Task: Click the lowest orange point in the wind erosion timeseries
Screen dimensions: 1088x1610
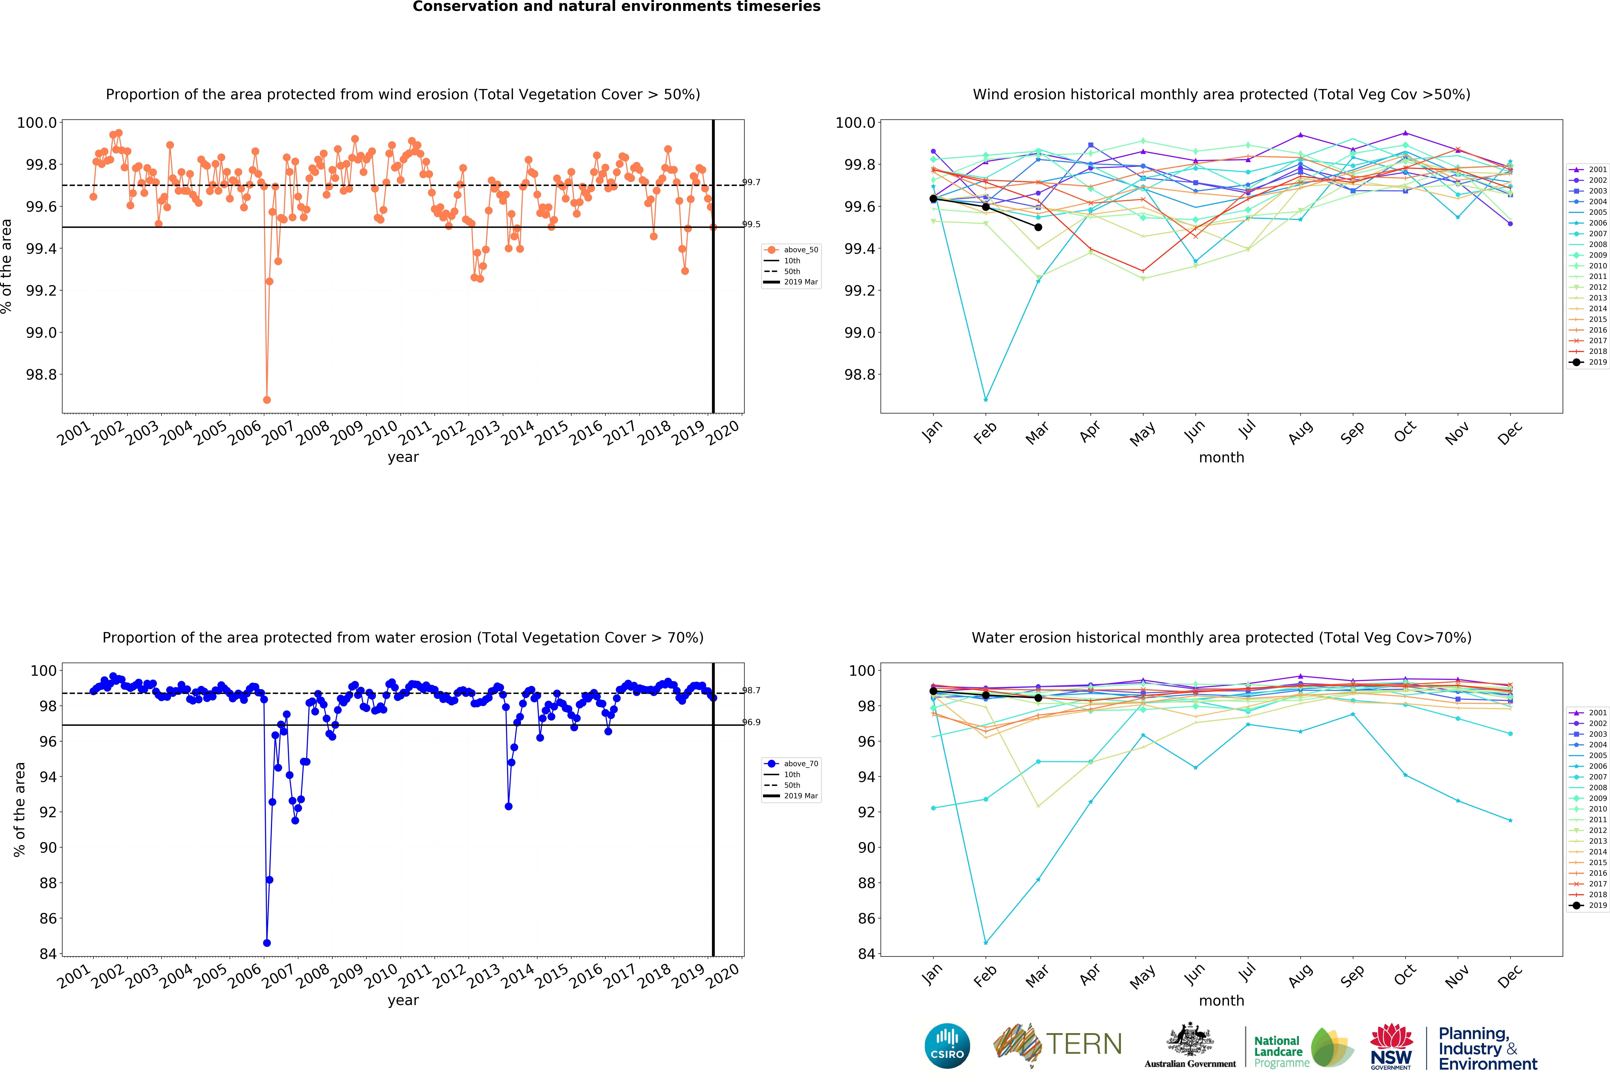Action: tap(267, 400)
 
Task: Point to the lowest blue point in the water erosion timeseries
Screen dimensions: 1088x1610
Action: tap(267, 943)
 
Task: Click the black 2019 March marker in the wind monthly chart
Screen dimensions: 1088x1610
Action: tap(1038, 227)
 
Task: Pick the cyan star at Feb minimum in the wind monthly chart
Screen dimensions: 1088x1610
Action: tap(986, 400)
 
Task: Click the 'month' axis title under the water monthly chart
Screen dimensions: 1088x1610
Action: tap(1221, 1001)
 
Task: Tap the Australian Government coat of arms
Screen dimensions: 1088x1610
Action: tap(1189, 1039)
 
